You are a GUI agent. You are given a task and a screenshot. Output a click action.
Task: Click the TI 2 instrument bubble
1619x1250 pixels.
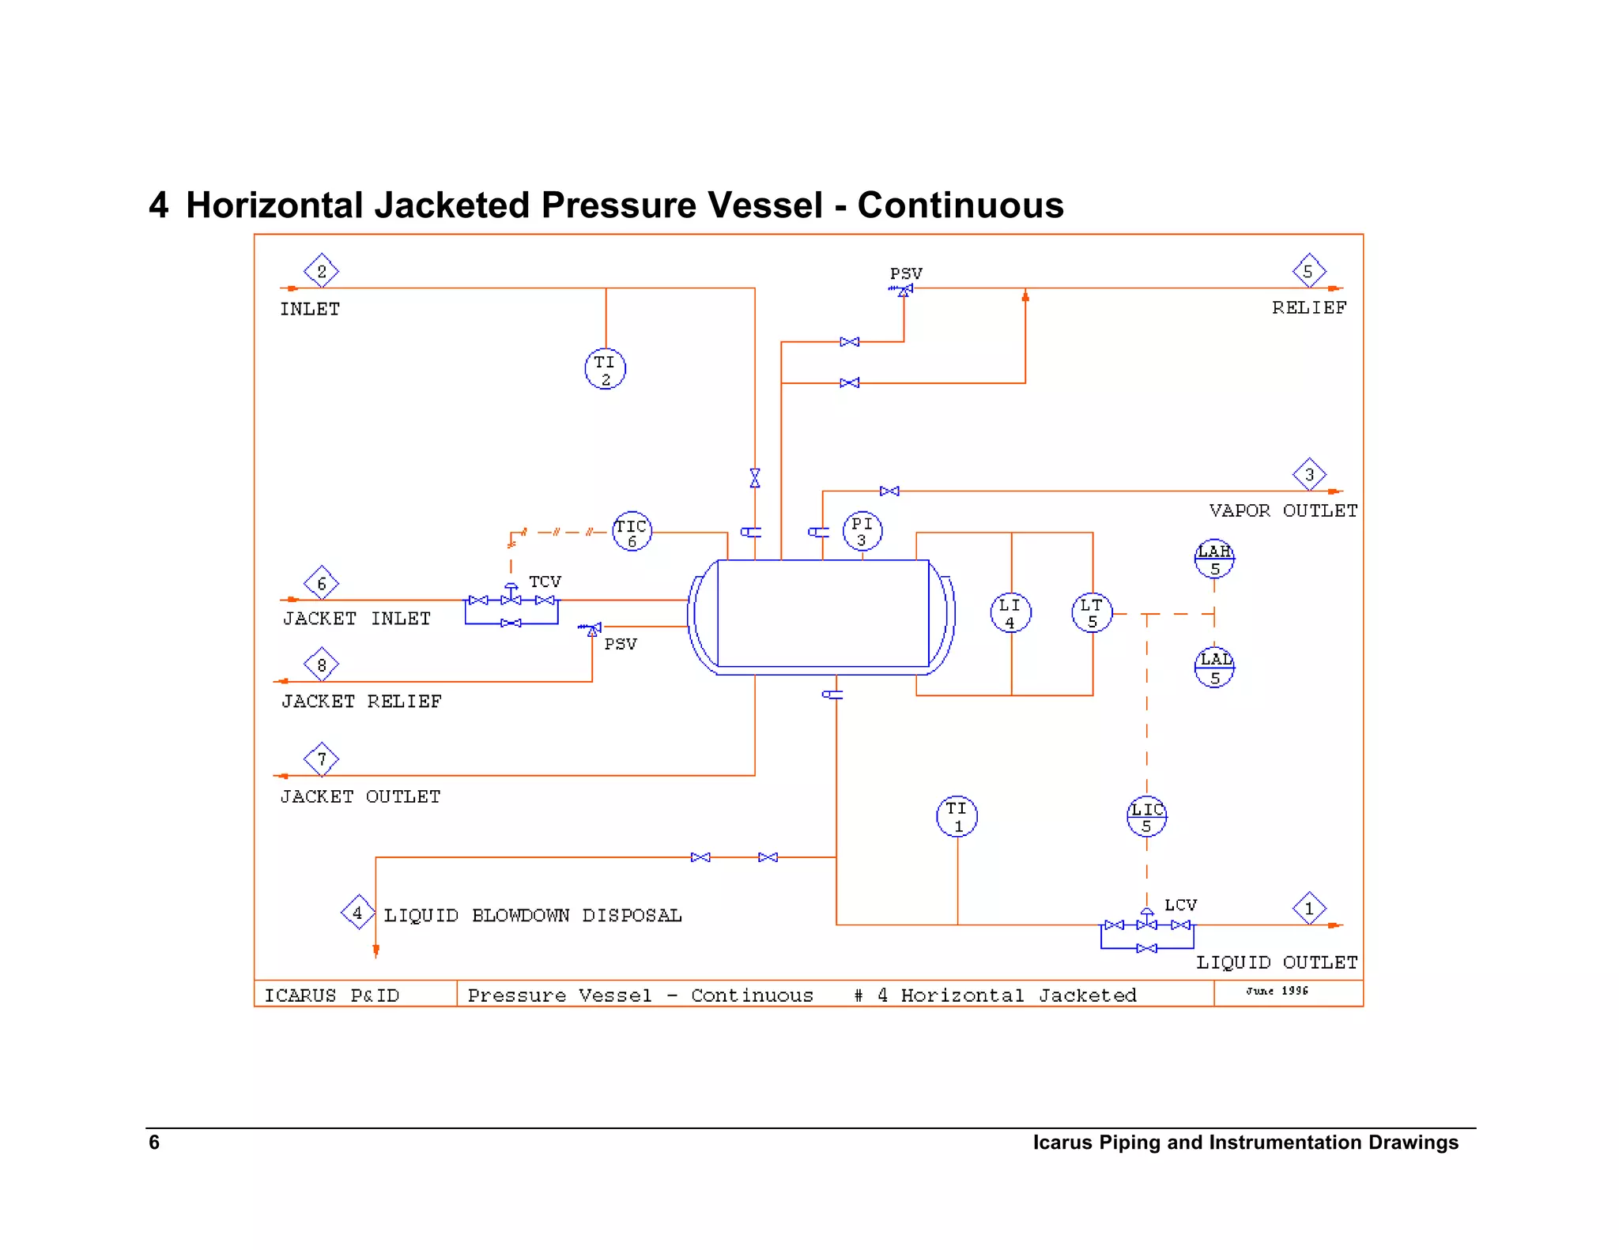tap(605, 369)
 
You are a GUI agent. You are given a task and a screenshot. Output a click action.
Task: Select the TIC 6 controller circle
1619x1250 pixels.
tap(632, 532)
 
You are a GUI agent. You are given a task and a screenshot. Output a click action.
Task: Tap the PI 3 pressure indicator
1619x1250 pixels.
tap(862, 531)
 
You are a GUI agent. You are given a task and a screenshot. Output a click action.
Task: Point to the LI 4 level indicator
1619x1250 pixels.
tap(1010, 612)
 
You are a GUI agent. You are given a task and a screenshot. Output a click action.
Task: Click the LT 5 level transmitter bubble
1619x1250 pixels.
tap(1092, 612)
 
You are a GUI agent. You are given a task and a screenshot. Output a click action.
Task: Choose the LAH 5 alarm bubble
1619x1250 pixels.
tap(1214, 559)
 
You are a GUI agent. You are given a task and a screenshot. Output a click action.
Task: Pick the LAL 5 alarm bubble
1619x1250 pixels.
tap(1214, 668)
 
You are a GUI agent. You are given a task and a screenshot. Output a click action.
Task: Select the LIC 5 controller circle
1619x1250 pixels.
tap(1146, 816)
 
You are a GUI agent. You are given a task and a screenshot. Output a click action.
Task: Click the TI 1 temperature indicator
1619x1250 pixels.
tap(957, 816)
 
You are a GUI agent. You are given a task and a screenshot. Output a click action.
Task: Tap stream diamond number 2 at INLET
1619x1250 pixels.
tap(321, 271)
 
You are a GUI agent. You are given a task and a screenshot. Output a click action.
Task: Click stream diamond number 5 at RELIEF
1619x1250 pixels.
tap(1308, 271)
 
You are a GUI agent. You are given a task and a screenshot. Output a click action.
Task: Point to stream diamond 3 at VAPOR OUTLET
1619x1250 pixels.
tap(1309, 474)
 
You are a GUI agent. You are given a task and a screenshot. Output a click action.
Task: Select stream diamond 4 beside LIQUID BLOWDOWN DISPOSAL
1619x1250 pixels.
tap(357, 913)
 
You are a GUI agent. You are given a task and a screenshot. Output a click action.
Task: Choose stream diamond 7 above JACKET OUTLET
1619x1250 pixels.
tap(321, 759)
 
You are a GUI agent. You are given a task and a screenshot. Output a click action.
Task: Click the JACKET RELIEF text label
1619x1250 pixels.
tap(361, 701)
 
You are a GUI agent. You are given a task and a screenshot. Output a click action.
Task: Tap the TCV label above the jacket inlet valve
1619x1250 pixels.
tap(545, 582)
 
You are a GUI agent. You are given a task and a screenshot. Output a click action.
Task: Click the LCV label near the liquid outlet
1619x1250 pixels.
tap(1180, 905)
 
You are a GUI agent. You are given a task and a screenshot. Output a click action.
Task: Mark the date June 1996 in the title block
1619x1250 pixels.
tap(1277, 991)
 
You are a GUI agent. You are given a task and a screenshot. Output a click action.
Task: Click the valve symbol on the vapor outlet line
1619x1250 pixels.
tap(889, 491)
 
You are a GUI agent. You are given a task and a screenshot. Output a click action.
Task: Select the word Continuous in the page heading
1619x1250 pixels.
tap(960, 205)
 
